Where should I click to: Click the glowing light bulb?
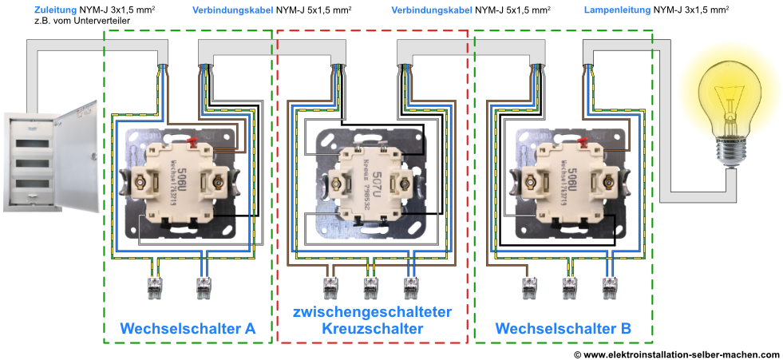coord(733,96)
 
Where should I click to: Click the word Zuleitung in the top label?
coord(55,10)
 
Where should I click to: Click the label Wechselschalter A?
coord(188,328)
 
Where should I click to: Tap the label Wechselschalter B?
coord(563,328)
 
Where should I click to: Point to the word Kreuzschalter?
coord(372,328)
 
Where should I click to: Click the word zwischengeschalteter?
coord(372,311)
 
